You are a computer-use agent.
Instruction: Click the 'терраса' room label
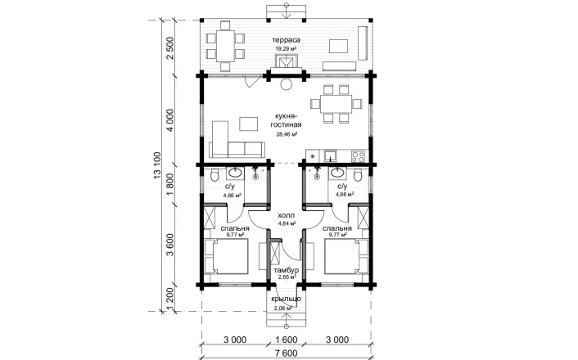(x=286, y=40)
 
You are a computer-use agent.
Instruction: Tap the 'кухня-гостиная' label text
(x=288, y=121)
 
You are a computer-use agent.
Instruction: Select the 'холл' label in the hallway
(x=286, y=215)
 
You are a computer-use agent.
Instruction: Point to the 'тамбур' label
(x=286, y=271)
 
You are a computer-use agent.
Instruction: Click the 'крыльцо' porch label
(x=286, y=299)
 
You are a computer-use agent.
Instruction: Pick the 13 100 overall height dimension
(x=157, y=165)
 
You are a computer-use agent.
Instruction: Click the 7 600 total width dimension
(x=286, y=353)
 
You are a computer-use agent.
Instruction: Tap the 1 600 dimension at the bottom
(x=286, y=340)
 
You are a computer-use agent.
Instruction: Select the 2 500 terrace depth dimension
(x=170, y=48)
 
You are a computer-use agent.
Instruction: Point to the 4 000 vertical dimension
(x=170, y=120)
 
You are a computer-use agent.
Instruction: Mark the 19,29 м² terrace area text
(x=286, y=48)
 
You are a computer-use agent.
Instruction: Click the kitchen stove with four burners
(x=358, y=156)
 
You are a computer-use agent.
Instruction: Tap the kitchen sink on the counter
(x=331, y=156)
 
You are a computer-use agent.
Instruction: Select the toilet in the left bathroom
(x=214, y=175)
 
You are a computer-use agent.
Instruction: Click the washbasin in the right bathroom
(x=337, y=172)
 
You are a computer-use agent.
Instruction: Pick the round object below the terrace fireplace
(x=286, y=84)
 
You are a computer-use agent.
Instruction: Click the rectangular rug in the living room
(x=248, y=124)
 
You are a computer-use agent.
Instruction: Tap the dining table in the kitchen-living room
(x=336, y=104)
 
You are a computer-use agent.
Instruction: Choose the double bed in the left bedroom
(x=226, y=256)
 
